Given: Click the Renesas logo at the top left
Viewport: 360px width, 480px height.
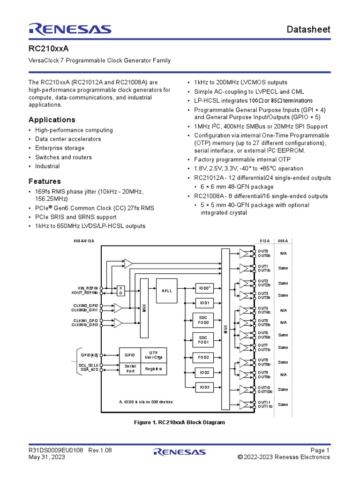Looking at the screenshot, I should [x=70, y=29].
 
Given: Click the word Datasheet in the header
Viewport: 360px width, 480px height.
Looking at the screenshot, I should [x=309, y=30].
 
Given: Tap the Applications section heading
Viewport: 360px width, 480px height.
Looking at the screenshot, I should [x=52, y=120].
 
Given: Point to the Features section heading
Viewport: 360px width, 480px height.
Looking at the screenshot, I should [x=45, y=181].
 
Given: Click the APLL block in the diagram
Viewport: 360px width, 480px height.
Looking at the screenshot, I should [x=167, y=291].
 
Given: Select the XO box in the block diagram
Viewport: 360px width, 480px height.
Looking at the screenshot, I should [x=120, y=290].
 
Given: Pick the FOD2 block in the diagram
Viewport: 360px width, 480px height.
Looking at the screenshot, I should [x=203, y=357].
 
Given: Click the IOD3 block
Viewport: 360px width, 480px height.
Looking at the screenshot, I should [x=203, y=387].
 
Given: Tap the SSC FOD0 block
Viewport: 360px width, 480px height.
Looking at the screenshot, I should [x=203, y=320].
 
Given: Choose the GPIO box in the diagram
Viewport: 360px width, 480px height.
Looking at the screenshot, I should [x=129, y=355].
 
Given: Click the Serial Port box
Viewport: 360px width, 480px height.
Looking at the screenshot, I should [x=129, y=369].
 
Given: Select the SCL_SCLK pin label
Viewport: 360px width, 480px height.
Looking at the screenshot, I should [x=89, y=365].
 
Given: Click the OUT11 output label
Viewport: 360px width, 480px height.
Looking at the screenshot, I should [x=263, y=402].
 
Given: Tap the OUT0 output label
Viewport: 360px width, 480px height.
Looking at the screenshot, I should [x=263, y=251].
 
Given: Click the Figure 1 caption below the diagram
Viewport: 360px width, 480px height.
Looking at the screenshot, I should [x=180, y=422].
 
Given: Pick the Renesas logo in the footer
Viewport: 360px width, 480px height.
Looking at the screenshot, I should [x=180, y=452].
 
